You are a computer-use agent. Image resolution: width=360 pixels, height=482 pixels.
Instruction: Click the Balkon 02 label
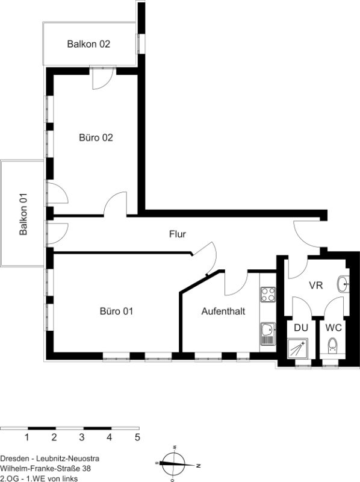pos(88,44)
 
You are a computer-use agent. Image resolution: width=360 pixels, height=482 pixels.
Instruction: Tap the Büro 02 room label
pos(96,137)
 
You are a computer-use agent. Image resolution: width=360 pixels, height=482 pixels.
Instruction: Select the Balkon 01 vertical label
pos(23,214)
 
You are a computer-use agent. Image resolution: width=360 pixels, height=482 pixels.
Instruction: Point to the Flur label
pos(178,234)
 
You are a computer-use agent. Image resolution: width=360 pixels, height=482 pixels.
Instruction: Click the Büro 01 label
pos(116,311)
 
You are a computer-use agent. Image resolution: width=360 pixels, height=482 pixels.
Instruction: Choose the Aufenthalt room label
pos(223,311)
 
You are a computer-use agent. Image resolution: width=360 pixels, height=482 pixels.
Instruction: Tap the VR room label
pos(316,285)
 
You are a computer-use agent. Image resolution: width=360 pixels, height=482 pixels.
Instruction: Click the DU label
pos(301,328)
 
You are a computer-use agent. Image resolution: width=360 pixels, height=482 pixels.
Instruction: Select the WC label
pos(334,328)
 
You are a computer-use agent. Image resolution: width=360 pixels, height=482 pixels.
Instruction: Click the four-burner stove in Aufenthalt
pos(268,294)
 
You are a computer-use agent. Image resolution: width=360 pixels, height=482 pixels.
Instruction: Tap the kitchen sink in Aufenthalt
pos(268,334)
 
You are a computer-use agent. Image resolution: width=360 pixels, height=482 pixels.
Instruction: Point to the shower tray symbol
pos(297,348)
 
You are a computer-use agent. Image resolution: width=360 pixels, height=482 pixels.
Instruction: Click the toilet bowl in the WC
pos(332,346)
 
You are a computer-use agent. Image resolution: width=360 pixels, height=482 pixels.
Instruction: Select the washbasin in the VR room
pos(343,284)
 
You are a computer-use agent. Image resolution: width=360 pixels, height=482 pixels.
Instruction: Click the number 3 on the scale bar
pos(82,437)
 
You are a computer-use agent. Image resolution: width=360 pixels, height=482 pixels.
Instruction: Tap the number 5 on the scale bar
pos(137,437)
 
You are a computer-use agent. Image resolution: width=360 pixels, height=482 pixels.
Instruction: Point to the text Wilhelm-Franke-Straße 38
pos(46,469)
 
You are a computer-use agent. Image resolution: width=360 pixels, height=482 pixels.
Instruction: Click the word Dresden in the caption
pos(15,459)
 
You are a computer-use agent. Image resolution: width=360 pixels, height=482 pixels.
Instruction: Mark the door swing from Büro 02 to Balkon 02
pos(104,79)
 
